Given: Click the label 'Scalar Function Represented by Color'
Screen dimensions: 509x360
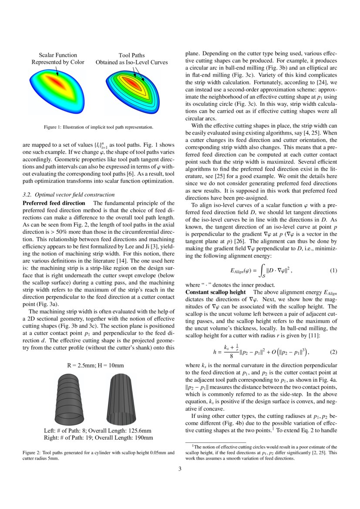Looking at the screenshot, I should (x=58, y=59).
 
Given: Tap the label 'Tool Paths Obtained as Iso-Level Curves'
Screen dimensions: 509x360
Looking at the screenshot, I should (x=131, y=59).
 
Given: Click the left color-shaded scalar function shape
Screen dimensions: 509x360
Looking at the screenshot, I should (x=58, y=90).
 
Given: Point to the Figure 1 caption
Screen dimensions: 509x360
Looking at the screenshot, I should (x=98, y=127).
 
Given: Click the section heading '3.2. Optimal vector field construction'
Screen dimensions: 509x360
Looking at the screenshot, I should (x=68, y=195).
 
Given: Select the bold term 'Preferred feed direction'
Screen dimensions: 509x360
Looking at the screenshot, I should (x=54, y=203).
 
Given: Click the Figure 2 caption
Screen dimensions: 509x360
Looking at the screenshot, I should (x=98, y=455).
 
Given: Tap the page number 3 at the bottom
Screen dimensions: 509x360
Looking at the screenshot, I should (x=180, y=469).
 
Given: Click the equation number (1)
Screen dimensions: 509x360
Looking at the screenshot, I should (x=333, y=271).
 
